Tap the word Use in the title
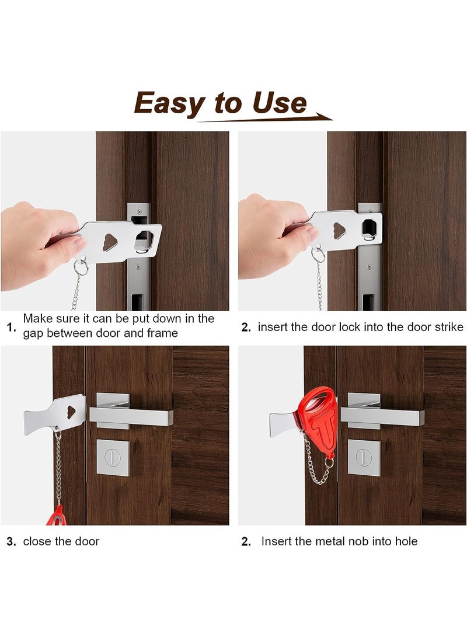[279, 103]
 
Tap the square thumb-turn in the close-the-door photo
[112, 458]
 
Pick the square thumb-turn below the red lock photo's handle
[364, 457]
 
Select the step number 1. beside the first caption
[11, 327]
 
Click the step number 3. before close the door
[11, 542]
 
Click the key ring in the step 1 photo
[81, 267]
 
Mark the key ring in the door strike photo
[316, 255]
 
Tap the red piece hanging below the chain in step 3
[57, 516]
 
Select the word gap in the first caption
[35, 333]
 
